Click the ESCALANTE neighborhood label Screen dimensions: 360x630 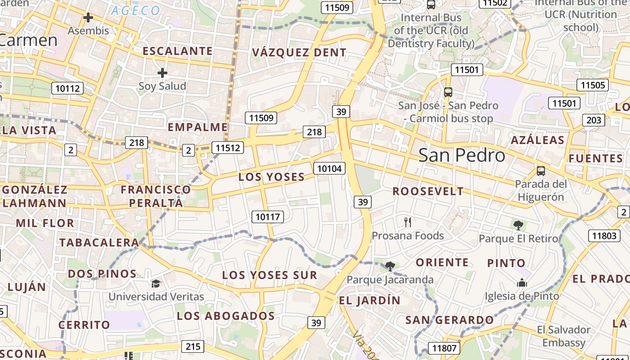pyautogui.click(x=177, y=51)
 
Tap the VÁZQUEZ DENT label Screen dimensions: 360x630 pyautogui.click(x=299, y=53)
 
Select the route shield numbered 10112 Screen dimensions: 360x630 pyautogui.click(x=67, y=88)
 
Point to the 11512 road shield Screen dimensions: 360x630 pyautogui.click(x=229, y=148)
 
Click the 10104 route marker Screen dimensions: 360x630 pyautogui.click(x=329, y=169)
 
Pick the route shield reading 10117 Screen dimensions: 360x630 pyautogui.click(x=268, y=216)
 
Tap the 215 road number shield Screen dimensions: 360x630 pyautogui.click(x=193, y=346)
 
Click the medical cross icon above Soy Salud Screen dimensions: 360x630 pyautogui.click(x=162, y=73)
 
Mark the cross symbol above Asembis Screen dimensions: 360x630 pyautogui.click(x=88, y=18)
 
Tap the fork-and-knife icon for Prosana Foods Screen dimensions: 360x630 pyautogui.click(x=408, y=222)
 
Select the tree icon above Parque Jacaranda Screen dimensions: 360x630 pyautogui.click(x=390, y=266)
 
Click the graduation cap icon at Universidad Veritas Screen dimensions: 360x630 pyautogui.click(x=156, y=283)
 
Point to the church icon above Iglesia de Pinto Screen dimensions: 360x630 pyautogui.click(x=522, y=283)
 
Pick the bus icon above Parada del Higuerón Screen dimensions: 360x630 pyautogui.click(x=540, y=171)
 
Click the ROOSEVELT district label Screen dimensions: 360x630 pyautogui.click(x=428, y=191)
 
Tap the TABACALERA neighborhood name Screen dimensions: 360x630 pyautogui.click(x=99, y=243)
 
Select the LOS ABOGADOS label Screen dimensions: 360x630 pyautogui.click(x=225, y=316)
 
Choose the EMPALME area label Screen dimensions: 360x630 pyautogui.click(x=198, y=127)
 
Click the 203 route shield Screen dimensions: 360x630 pyautogui.click(x=594, y=120)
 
